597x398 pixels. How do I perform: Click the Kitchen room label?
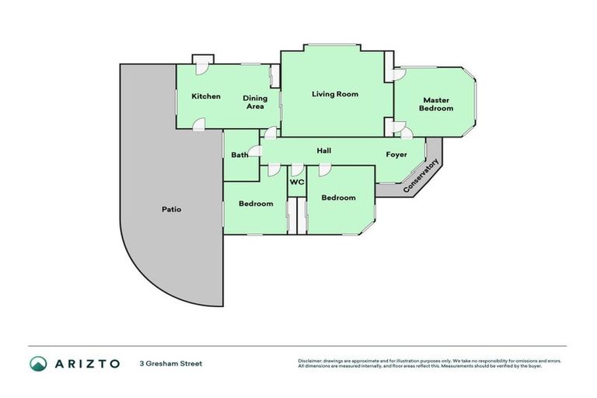pyautogui.click(x=206, y=96)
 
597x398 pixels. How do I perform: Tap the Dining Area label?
pyautogui.click(x=255, y=103)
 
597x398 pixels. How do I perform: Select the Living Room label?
pyautogui.click(x=335, y=94)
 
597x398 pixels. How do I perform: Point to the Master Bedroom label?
pyautogui.click(x=436, y=104)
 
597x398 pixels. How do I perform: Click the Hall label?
pyautogui.click(x=325, y=150)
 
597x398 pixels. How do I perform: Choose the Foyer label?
pyautogui.click(x=396, y=155)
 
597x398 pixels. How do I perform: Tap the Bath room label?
pyautogui.click(x=239, y=155)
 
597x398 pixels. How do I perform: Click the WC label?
pyautogui.click(x=297, y=183)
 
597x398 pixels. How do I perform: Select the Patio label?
pyautogui.click(x=172, y=209)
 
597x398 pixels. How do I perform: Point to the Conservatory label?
pyautogui.click(x=421, y=176)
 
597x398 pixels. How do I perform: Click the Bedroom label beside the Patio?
pyautogui.click(x=256, y=204)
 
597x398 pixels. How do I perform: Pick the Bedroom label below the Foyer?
pyautogui.click(x=338, y=197)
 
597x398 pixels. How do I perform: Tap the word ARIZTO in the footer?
pyautogui.click(x=87, y=364)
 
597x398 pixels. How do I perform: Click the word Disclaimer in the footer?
pyautogui.click(x=311, y=361)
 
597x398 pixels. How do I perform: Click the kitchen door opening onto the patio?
pyautogui.click(x=199, y=124)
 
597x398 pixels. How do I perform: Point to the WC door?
pyautogui.click(x=297, y=169)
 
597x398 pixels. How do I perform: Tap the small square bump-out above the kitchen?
pyautogui.click(x=203, y=59)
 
